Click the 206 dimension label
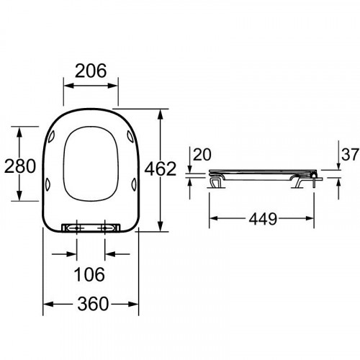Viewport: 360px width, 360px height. coord(91,71)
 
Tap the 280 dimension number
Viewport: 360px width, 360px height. coord(20,166)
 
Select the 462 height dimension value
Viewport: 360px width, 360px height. coord(161,168)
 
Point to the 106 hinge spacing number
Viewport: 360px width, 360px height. coord(89,274)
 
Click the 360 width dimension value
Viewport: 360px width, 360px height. coord(93,304)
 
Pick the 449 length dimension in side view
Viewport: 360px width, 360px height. coord(263,219)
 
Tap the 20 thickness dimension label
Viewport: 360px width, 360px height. coord(202,155)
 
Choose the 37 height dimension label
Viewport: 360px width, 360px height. coord(350,155)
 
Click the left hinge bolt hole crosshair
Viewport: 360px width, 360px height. coord(77,228)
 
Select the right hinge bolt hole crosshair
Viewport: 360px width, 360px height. coord(105,228)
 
